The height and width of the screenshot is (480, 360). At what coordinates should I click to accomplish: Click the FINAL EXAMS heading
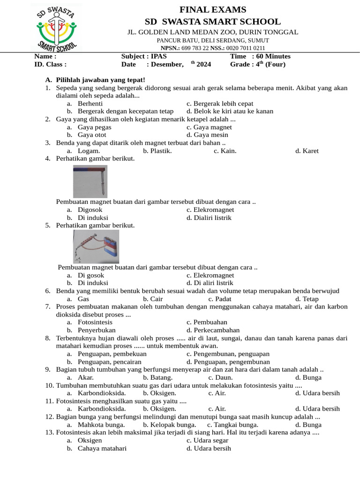(213, 10)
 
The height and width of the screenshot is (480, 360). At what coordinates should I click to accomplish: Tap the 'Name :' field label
(45, 56)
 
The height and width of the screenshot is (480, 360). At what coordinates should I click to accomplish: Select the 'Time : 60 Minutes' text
(260, 56)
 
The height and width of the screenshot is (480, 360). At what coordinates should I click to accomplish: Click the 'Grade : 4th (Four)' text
(257, 65)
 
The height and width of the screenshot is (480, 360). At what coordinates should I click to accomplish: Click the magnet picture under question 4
(90, 181)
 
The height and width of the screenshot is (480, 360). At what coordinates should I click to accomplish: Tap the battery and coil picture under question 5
(96, 246)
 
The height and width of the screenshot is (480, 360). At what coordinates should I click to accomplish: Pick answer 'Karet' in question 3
(310, 151)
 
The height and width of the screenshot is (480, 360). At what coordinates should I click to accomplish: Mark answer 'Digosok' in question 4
(90, 210)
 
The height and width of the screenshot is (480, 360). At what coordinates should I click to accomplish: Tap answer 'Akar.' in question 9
(85, 377)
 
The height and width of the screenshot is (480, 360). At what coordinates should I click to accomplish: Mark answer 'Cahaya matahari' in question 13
(102, 448)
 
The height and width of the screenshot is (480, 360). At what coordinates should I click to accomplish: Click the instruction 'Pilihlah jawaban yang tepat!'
(100, 80)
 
